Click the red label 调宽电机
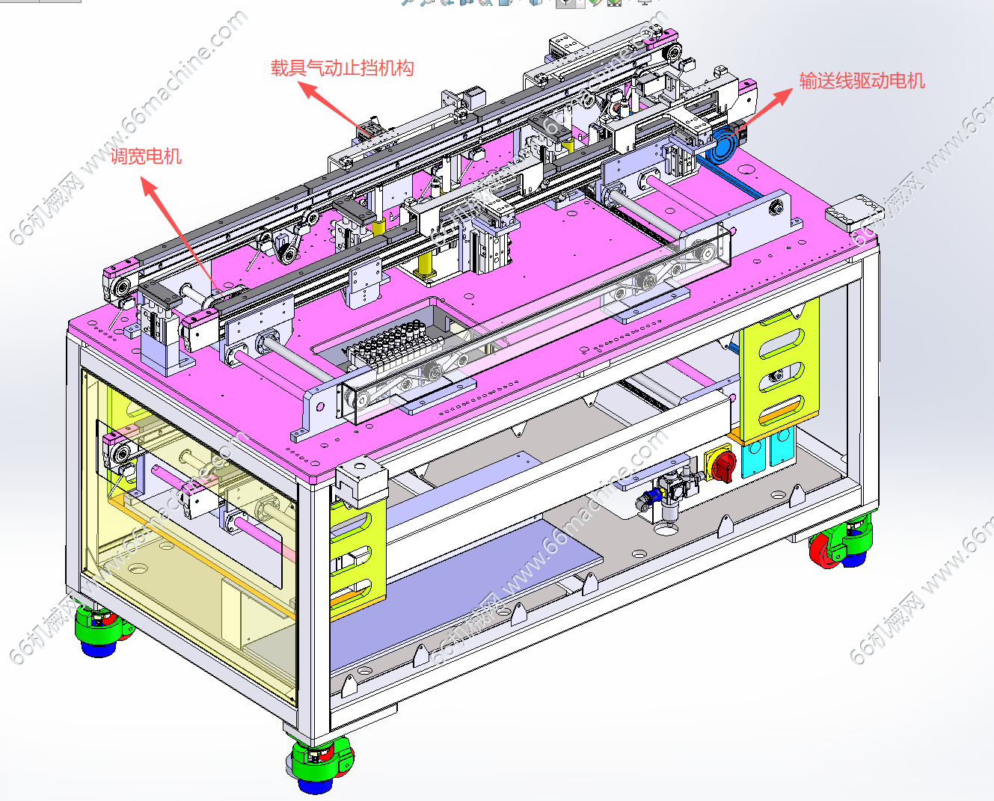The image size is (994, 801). [x=146, y=156]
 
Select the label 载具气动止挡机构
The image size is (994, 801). [x=342, y=68]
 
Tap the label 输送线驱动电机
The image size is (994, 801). [x=862, y=80]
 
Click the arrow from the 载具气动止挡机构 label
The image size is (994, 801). [x=335, y=110]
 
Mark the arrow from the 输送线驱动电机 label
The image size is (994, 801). [x=757, y=114]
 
